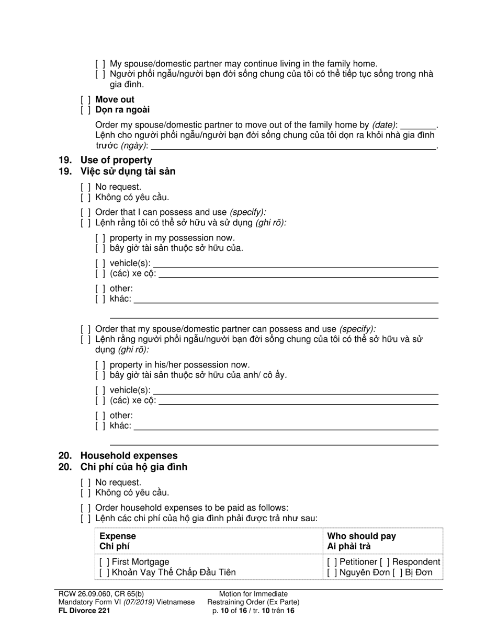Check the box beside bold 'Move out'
[x=86, y=100]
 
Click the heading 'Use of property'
[x=116, y=160]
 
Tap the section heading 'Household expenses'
[x=129, y=455]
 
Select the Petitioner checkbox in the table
[x=332, y=562]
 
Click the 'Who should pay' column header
[x=362, y=536]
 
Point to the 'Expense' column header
[x=117, y=536]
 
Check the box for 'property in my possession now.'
[x=100, y=238]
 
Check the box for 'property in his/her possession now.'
[x=100, y=365]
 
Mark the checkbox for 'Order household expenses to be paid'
[x=86, y=508]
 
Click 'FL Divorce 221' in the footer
[x=84, y=610]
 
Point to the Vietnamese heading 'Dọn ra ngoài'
[x=122, y=110]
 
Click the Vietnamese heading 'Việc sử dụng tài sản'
[x=128, y=171]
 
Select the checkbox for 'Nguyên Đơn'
[x=332, y=572]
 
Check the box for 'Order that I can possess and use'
[x=86, y=212]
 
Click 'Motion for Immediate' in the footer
[x=253, y=594]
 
